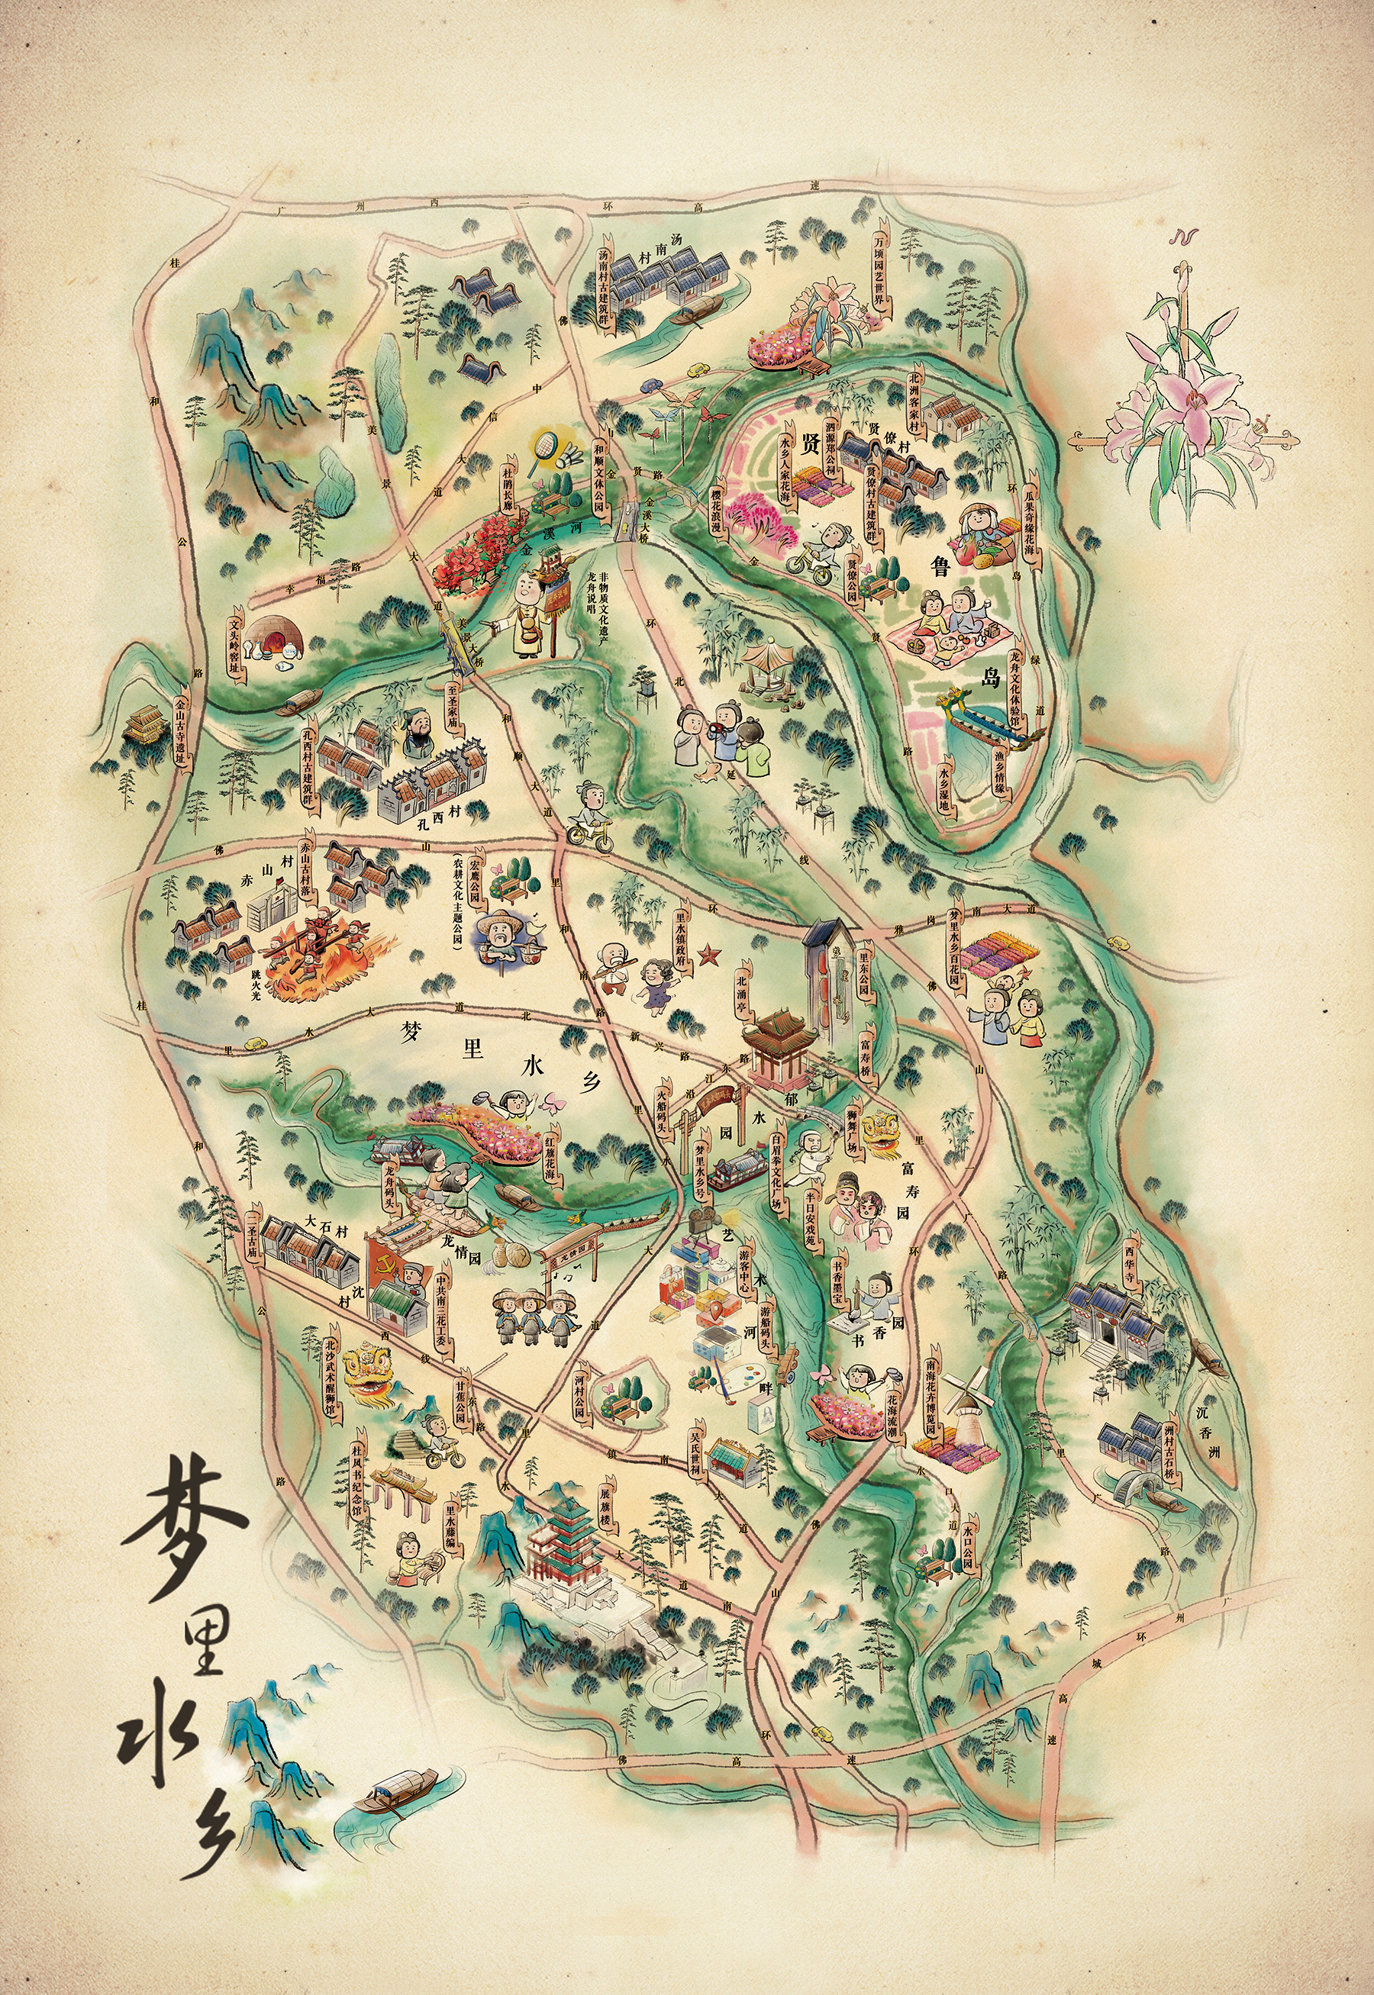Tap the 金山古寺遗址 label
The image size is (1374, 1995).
click(181, 726)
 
